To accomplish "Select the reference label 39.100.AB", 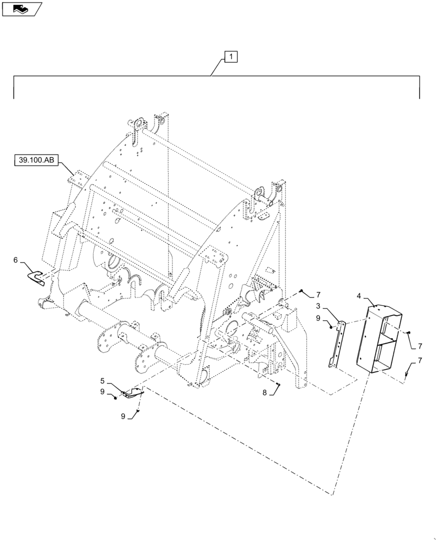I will click(36, 160).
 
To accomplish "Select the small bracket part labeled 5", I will click(132, 392).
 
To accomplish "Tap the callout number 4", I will click(359, 296).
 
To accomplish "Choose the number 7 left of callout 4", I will click(318, 295).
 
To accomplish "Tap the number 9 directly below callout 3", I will click(319, 318).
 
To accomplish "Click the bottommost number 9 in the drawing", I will click(123, 416).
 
